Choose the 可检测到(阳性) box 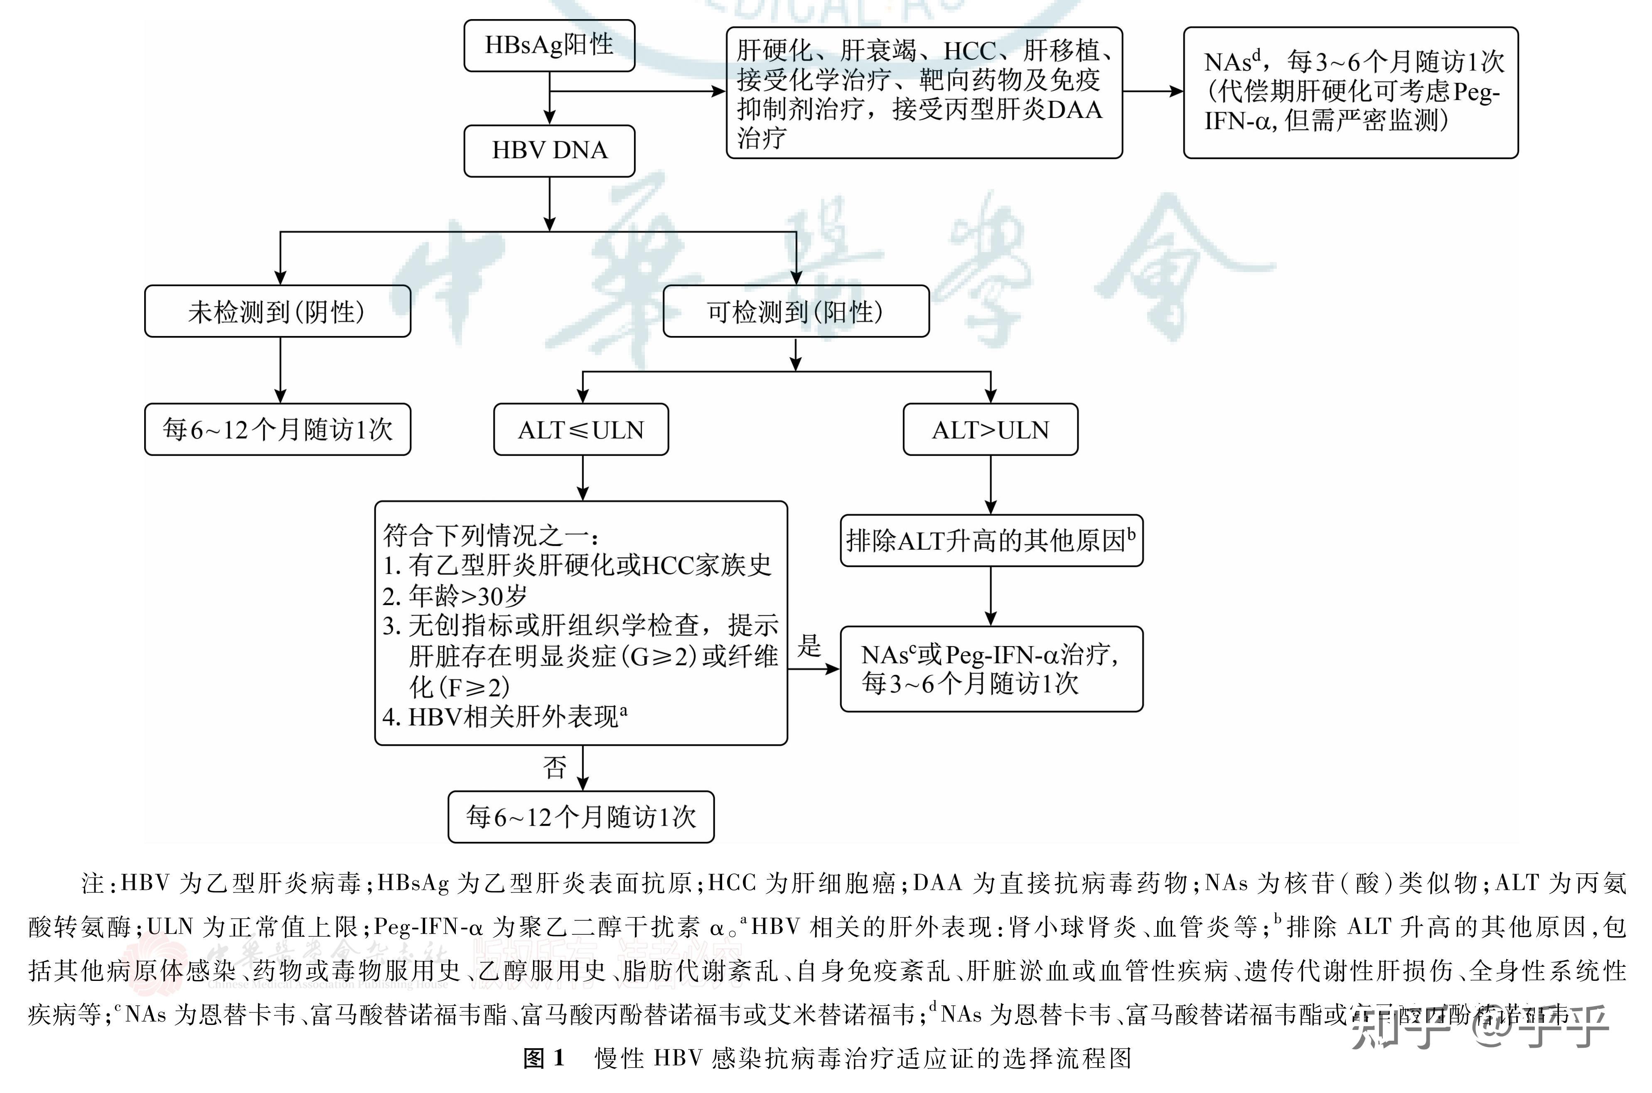pos(796,311)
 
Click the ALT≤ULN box pos(581,429)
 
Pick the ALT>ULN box pos(990,429)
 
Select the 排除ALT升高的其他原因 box pos(991,540)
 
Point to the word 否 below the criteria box pos(555,767)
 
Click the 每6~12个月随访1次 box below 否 pos(581,816)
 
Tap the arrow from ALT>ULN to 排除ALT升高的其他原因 pos(991,485)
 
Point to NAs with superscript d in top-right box pos(1232,61)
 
